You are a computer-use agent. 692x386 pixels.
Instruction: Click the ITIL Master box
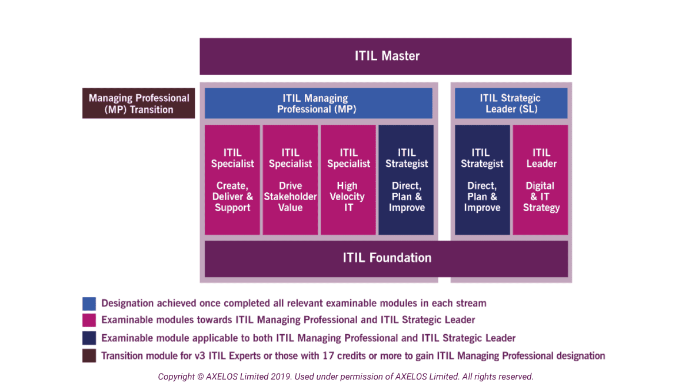pyautogui.click(x=385, y=56)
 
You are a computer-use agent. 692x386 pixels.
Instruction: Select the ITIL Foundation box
pyautogui.click(x=386, y=258)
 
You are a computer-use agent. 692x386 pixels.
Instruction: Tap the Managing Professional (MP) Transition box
pyautogui.click(x=139, y=103)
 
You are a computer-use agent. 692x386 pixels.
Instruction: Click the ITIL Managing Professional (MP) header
pyautogui.click(x=318, y=103)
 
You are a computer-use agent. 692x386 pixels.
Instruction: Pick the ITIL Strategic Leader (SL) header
pyautogui.click(x=511, y=103)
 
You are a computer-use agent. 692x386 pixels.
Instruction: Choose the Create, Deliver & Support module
pyautogui.click(x=232, y=179)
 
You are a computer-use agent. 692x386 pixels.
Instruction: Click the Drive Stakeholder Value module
pyautogui.click(x=291, y=179)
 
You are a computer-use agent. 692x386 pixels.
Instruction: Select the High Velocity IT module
pyautogui.click(x=348, y=179)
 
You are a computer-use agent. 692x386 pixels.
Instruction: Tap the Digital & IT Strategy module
pyautogui.click(x=540, y=179)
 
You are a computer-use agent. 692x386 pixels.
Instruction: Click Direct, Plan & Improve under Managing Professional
pyautogui.click(x=406, y=179)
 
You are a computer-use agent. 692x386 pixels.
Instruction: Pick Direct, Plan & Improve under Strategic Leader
pyautogui.click(x=483, y=179)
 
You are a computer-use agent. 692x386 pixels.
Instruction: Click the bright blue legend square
pyautogui.click(x=89, y=304)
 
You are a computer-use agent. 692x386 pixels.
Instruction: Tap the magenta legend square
pyautogui.click(x=89, y=320)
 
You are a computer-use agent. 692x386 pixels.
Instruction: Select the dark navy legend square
pyautogui.click(x=89, y=338)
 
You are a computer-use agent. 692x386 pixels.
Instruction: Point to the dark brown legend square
pyautogui.click(x=89, y=355)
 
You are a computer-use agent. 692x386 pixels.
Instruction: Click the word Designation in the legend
pyautogui.click(x=127, y=304)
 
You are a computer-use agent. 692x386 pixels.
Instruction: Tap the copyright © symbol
pyautogui.click(x=200, y=377)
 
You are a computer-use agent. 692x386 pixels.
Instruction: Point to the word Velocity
pyautogui.click(x=347, y=197)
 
